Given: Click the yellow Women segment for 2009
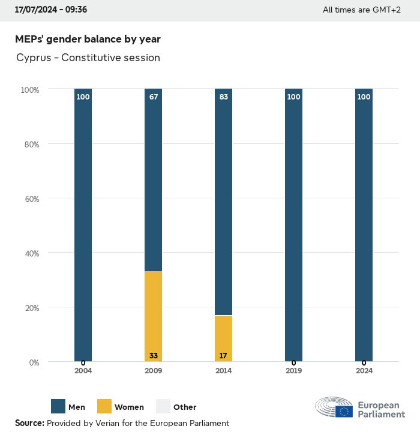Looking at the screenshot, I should (x=153, y=316).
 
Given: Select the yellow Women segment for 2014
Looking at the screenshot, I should (x=223, y=338).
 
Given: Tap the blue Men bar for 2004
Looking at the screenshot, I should (x=83, y=225).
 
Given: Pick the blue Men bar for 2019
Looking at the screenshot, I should (x=293, y=225).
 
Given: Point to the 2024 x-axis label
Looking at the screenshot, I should (x=364, y=371).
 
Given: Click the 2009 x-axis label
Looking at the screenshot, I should (x=153, y=371).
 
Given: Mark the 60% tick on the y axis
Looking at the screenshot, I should (x=30, y=198).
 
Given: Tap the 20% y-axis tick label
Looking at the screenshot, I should (x=30, y=308).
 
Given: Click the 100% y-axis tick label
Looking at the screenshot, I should (x=29, y=90).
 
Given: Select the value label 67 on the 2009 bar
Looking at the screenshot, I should (x=154, y=97).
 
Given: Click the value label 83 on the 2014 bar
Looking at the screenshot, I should (x=223, y=97).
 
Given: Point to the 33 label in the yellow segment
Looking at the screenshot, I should (x=154, y=356).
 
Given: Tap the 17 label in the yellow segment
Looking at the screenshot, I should (x=223, y=356).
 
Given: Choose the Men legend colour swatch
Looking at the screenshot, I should (x=58, y=406).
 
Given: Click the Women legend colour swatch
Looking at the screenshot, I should (x=104, y=406).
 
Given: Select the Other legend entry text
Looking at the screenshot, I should (x=185, y=407).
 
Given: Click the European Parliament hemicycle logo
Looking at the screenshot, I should (x=334, y=407).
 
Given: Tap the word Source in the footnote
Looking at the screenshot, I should (x=28, y=423).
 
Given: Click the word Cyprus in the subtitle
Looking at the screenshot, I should (x=34, y=58).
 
